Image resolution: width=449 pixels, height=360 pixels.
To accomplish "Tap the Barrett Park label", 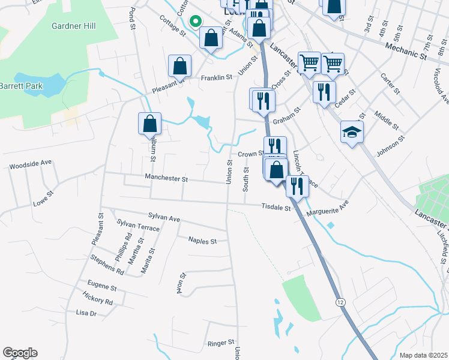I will [22, 86].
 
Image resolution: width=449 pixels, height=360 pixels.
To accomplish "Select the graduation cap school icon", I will [352, 133].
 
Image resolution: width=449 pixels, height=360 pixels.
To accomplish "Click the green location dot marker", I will [194, 21].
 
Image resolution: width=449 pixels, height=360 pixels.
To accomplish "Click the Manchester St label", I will [166, 178].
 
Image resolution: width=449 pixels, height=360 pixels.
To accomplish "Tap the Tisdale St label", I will [276, 208].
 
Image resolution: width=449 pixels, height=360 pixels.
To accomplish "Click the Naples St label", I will [202, 241].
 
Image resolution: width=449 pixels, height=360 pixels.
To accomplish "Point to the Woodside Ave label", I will [31, 163].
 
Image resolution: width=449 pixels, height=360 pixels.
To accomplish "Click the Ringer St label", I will [220, 343].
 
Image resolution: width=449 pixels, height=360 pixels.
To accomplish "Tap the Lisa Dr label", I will [86, 313].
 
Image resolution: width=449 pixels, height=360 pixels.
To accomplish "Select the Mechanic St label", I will [405, 50].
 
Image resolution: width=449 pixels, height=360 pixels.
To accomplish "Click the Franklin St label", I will [216, 77].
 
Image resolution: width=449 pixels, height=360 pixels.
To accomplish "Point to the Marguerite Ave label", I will [327, 209].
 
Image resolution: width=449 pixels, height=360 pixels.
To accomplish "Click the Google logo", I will [20, 353].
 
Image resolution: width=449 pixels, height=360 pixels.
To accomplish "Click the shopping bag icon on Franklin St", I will [179, 67].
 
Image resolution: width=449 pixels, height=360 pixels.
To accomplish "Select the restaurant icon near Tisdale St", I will [297, 186].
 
